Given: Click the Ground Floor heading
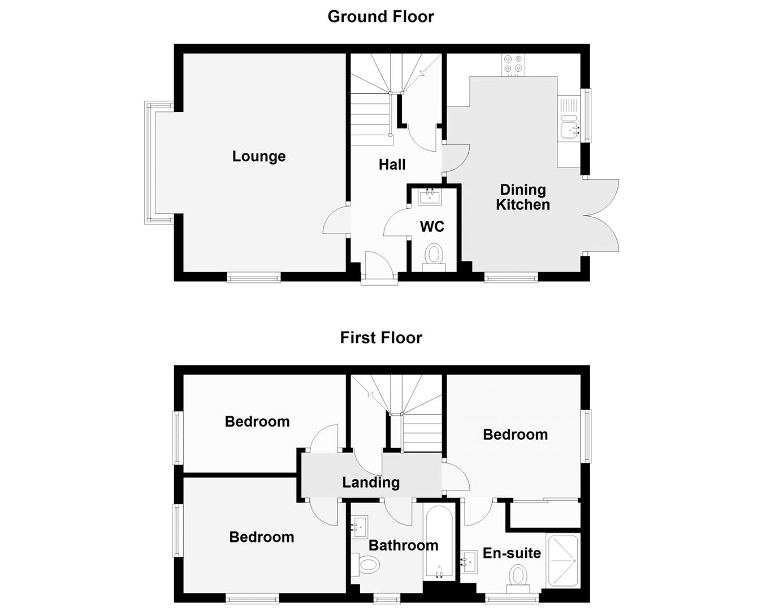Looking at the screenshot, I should [x=380, y=16].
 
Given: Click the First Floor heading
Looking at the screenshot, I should [x=380, y=338].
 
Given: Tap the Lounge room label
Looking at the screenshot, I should [x=258, y=156].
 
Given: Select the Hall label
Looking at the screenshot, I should [x=392, y=165].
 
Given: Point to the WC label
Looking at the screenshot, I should [x=432, y=227].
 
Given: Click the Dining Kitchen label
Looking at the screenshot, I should [x=522, y=197].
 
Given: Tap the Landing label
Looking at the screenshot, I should [x=371, y=483].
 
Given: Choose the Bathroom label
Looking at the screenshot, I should [x=403, y=545].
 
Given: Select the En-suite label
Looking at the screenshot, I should [x=512, y=553].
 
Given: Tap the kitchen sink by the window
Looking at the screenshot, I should [x=569, y=130].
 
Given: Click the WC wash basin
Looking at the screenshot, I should [x=430, y=197].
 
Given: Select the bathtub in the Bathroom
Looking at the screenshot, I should [x=439, y=542].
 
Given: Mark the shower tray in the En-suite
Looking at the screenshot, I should [x=563, y=561].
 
